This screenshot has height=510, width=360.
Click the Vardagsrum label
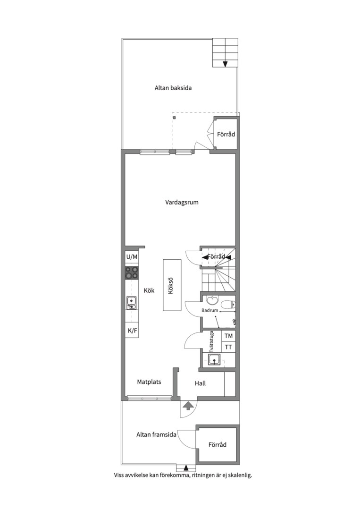coord(182,202)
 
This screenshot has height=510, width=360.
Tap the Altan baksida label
coord(173,88)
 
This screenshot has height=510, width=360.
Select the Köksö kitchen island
coord(172,285)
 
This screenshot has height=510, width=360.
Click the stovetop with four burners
coord(132,273)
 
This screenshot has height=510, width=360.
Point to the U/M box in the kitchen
coord(132,257)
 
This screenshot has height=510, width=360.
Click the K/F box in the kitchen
coord(132,331)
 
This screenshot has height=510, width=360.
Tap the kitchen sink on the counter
coord(132,303)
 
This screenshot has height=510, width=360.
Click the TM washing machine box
coord(228,336)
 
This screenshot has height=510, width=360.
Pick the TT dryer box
coord(228,347)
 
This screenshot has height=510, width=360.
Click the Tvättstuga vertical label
coord(211,342)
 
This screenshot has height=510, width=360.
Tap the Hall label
coord(200,383)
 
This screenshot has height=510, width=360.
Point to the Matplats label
coord(149,382)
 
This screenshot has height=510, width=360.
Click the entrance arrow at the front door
coord(188,406)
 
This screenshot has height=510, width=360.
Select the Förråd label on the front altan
coord(218,445)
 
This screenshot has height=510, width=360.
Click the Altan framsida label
coord(156,434)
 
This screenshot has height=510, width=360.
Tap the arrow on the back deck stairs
coord(225,64)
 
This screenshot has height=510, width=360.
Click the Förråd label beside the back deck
coord(226,134)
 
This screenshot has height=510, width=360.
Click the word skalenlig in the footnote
coord(240,475)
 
